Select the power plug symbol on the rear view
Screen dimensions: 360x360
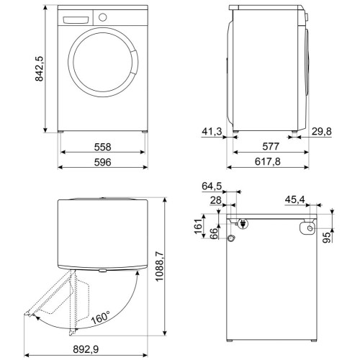(243, 224)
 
